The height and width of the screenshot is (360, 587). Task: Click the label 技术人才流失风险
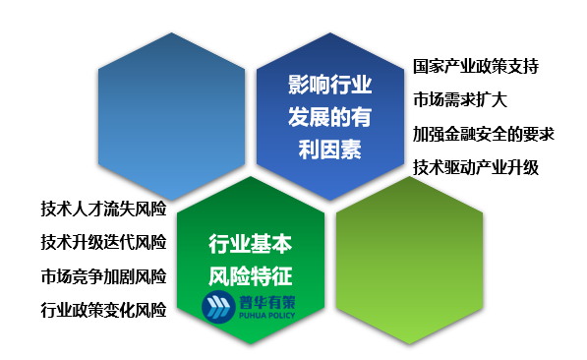(x=103, y=209)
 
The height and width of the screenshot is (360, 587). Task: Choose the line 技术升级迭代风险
(x=103, y=242)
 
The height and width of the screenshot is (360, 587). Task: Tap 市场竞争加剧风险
(x=103, y=275)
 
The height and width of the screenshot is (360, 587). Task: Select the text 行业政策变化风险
(x=103, y=310)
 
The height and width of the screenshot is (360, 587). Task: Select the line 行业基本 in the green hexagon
(x=252, y=243)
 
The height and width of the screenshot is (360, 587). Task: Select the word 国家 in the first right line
(x=428, y=66)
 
